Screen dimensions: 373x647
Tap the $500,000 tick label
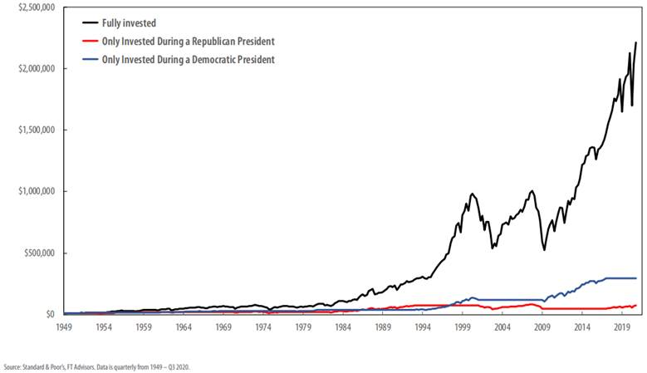click(37, 253)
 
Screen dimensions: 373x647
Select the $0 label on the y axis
click(50, 314)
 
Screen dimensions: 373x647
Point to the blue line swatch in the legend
click(89, 59)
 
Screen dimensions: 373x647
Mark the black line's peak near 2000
click(473, 194)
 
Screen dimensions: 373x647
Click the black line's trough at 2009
click(544, 249)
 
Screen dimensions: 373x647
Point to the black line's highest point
click(636, 43)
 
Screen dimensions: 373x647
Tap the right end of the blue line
click(636, 278)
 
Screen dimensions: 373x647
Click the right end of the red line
click(636, 305)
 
